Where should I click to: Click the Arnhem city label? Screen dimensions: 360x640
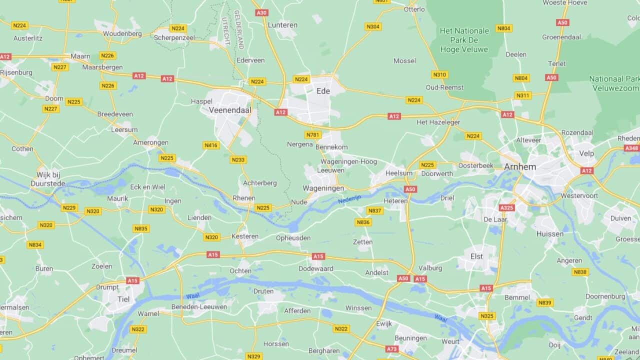[520, 166]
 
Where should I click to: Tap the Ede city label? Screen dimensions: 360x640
[323, 91]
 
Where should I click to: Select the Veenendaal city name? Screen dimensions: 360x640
[230, 109]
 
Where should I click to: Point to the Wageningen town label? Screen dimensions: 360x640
[323, 188]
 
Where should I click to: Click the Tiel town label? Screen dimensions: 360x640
[123, 299]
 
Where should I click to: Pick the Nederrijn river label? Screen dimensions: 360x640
[349, 199]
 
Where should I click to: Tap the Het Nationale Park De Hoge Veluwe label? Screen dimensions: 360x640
[464, 40]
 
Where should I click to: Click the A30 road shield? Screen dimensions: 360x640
[261, 12]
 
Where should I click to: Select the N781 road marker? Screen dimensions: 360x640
[313, 135]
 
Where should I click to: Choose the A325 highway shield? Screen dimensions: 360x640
[506, 207]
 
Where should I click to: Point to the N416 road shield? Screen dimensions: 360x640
[211, 145]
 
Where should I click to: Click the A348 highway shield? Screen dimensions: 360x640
[631, 148]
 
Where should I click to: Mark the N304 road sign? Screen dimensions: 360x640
[372, 26]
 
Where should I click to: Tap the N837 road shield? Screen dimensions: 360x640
[374, 211]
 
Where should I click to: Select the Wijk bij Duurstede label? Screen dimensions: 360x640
[48, 179]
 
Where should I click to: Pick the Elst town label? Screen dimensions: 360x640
[476, 256]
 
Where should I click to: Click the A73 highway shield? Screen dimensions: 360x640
[392, 348]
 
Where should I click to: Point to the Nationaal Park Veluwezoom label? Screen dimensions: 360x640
[614, 83]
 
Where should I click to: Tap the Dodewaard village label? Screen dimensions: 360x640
[315, 268]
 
